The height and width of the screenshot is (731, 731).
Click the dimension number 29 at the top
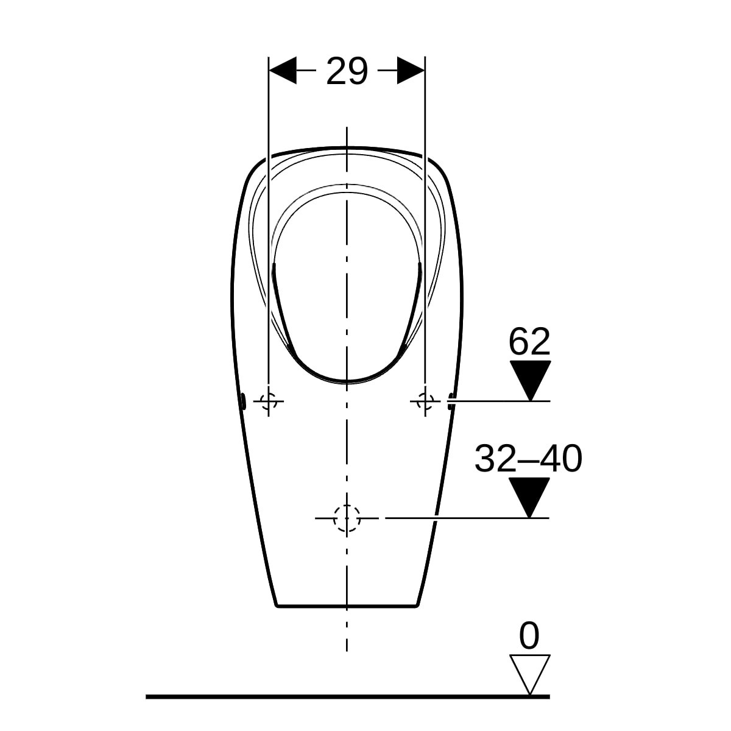pyautogui.click(x=347, y=71)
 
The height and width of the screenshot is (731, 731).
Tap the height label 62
pyautogui.click(x=529, y=341)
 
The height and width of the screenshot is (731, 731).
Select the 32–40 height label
pyautogui.click(x=528, y=459)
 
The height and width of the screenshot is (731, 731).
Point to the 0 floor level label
pyautogui.click(x=529, y=635)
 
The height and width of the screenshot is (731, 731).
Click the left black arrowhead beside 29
pyautogui.click(x=283, y=71)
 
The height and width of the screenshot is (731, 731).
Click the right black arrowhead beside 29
pyautogui.click(x=411, y=71)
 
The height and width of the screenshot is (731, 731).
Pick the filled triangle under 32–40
pyautogui.click(x=529, y=497)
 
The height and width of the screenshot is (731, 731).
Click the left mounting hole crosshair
pyautogui.click(x=269, y=401)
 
